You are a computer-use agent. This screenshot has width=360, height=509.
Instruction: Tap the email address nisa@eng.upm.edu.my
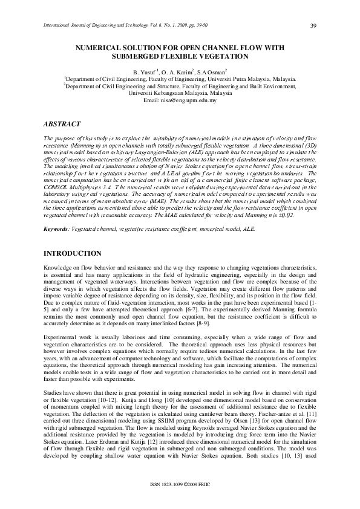click(180, 100)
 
